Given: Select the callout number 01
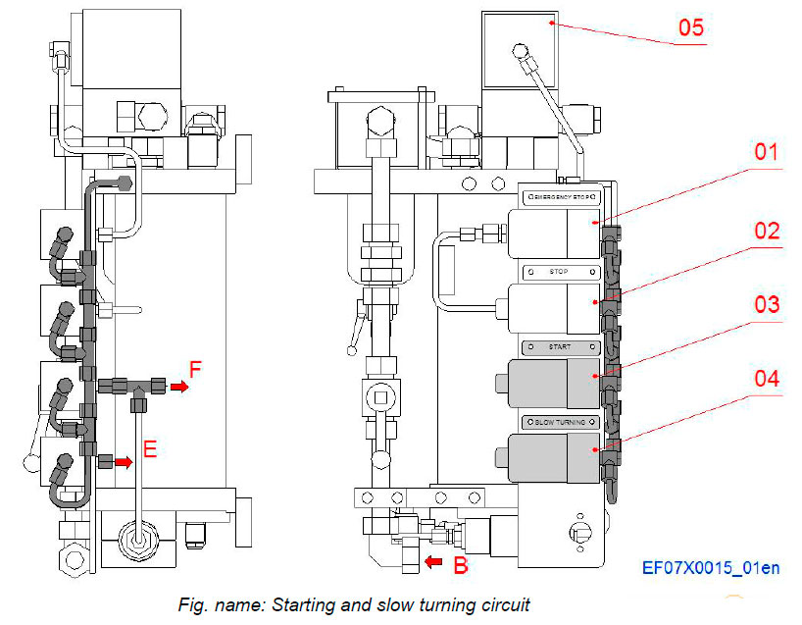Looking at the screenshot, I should click(x=766, y=153).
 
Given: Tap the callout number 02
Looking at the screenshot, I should click(x=766, y=231).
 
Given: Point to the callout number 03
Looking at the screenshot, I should click(x=766, y=304).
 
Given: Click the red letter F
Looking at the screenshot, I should click(x=196, y=371).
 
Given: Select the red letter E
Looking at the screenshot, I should click(x=149, y=449).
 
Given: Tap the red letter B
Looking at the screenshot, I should click(x=460, y=564).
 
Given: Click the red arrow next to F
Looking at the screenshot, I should click(x=177, y=387).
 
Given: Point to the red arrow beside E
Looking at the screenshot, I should click(x=124, y=460).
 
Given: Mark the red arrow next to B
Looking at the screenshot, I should click(x=432, y=562).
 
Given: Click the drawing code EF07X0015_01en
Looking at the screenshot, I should click(x=711, y=568).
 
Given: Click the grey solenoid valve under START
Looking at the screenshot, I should click(x=549, y=384).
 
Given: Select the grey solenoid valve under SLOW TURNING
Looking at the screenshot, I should click(x=549, y=458).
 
